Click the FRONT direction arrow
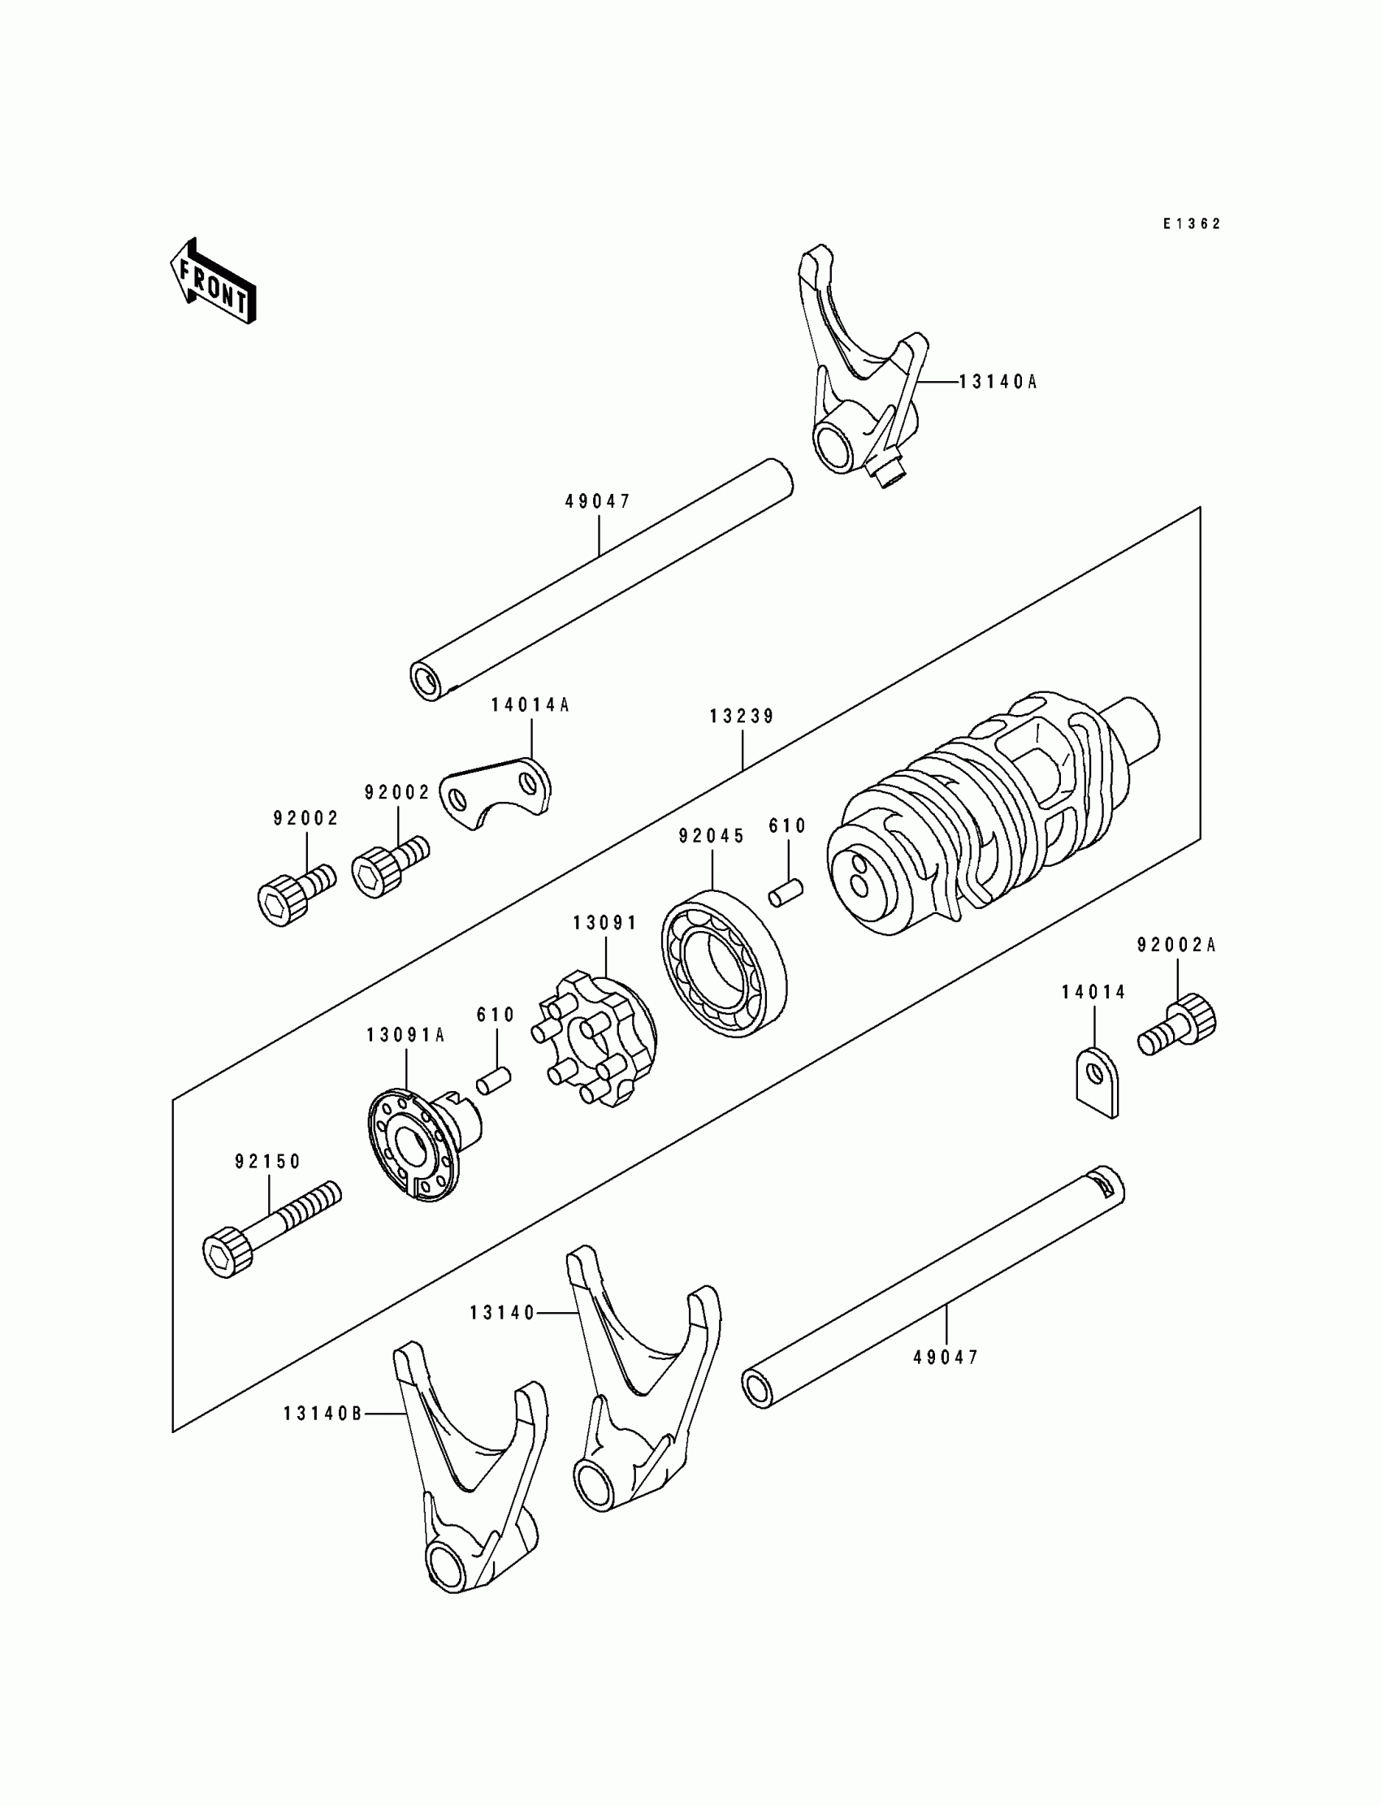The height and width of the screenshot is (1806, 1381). point(212,282)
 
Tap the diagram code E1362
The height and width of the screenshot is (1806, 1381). point(1192,223)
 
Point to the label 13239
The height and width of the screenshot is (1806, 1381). point(742,717)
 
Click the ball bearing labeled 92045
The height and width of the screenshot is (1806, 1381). point(723,963)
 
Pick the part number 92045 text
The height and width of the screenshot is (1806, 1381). point(712,836)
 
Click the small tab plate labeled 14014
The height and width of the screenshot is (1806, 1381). point(1097,1081)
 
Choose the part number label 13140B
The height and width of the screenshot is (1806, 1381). point(323,1414)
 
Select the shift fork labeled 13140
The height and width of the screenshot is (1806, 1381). point(643,1390)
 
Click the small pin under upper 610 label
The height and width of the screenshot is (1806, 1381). point(786,892)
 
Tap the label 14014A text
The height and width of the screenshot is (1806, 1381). point(530,704)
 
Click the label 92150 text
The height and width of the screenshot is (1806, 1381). point(268,1162)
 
